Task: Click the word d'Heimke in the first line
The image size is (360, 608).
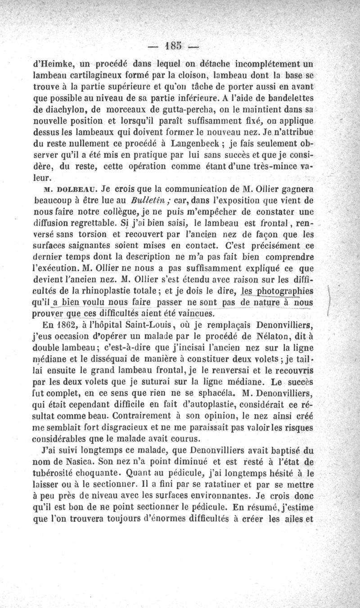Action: tap(54, 63)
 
